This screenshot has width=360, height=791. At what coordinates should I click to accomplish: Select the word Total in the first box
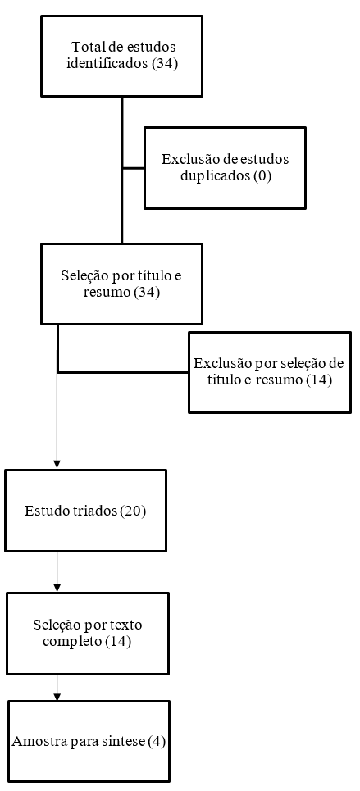pos(87,48)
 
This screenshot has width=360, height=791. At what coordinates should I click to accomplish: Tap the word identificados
pos(107,65)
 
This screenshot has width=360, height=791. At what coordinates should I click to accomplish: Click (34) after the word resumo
pos(147,293)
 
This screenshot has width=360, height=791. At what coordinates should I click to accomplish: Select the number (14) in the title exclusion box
pos(319,380)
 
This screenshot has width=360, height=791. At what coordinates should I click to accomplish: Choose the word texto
pos(128,625)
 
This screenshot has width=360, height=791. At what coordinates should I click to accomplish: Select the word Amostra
pos(33,742)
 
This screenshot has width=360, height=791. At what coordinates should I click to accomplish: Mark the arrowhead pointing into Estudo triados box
pos(57,464)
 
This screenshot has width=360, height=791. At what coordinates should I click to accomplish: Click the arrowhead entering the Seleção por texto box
pos(57,587)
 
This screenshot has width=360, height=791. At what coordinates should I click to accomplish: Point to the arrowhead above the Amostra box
pos(57,695)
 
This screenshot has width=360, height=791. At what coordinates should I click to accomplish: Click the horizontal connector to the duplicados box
pos(134,168)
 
